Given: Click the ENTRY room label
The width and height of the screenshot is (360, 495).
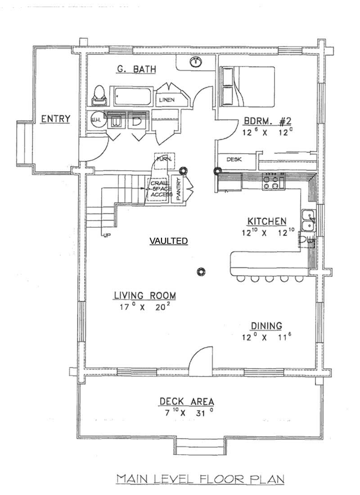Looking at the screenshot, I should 55,119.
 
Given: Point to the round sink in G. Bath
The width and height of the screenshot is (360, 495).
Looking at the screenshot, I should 195,63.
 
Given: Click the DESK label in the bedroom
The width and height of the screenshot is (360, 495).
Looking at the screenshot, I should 232,159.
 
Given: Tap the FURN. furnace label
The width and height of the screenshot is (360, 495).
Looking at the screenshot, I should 162,159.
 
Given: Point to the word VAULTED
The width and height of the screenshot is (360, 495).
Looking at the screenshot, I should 168,241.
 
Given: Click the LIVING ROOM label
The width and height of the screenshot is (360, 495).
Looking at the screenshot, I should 144,295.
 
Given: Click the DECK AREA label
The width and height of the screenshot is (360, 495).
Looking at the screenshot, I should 186,401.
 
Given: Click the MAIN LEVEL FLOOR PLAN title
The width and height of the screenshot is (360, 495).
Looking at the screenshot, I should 200,479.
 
